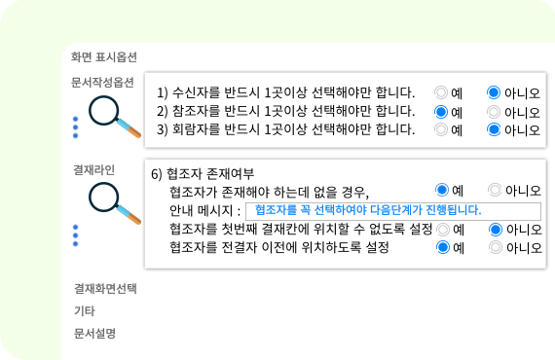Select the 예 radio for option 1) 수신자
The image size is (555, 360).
tap(441, 92)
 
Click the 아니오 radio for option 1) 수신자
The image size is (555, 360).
tap(494, 92)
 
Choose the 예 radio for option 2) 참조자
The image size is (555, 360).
tap(441, 112)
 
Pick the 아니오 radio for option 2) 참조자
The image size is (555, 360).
tap(494, 112)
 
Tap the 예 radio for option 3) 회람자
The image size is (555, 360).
tap(441, 129)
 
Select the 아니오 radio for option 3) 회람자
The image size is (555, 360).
tap(494, 129)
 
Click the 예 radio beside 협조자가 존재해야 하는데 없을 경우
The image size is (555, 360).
tap(442, 190)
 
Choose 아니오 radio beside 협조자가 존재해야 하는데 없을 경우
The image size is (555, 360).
tap(495, 190)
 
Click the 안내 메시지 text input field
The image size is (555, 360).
tap(393, 211)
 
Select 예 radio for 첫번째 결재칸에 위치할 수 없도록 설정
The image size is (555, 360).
tap(443, 230)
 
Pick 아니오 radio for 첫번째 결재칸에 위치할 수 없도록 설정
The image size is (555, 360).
tap(496, 230)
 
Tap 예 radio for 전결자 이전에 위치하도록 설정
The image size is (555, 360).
tap(443, 247)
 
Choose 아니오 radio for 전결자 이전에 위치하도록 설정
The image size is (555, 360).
tap(496, 247)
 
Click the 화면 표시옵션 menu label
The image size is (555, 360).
tap(104, 57)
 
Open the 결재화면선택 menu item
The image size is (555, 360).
tap(105, 289)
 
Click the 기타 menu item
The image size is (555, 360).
tap(85, 310)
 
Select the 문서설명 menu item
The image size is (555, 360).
tap(94, 333)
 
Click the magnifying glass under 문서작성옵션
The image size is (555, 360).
tap(114, 117)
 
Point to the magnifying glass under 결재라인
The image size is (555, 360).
tap(114, 203)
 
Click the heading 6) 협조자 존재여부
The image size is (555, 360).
tap(203, 174)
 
